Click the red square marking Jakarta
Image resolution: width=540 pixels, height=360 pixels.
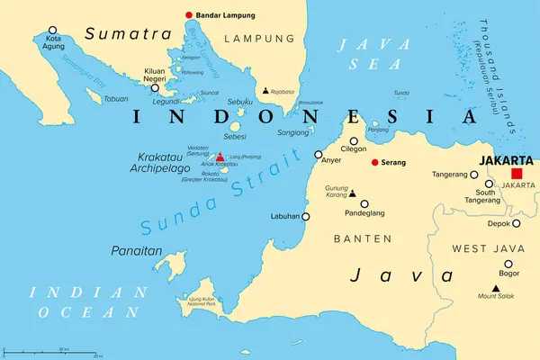pos(517,175)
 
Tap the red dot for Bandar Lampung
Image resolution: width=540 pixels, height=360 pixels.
pos(189,14)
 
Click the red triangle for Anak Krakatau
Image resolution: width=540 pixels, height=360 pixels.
pos(220,157)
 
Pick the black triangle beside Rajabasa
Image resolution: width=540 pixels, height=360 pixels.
pos(265,91)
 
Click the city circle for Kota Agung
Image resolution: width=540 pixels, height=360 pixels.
pos(52,30)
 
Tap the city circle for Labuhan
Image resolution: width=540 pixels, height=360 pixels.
pos(306,217)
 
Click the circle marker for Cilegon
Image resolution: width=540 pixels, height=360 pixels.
pos(355,140)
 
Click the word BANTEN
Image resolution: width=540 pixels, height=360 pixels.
pos(363,238)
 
